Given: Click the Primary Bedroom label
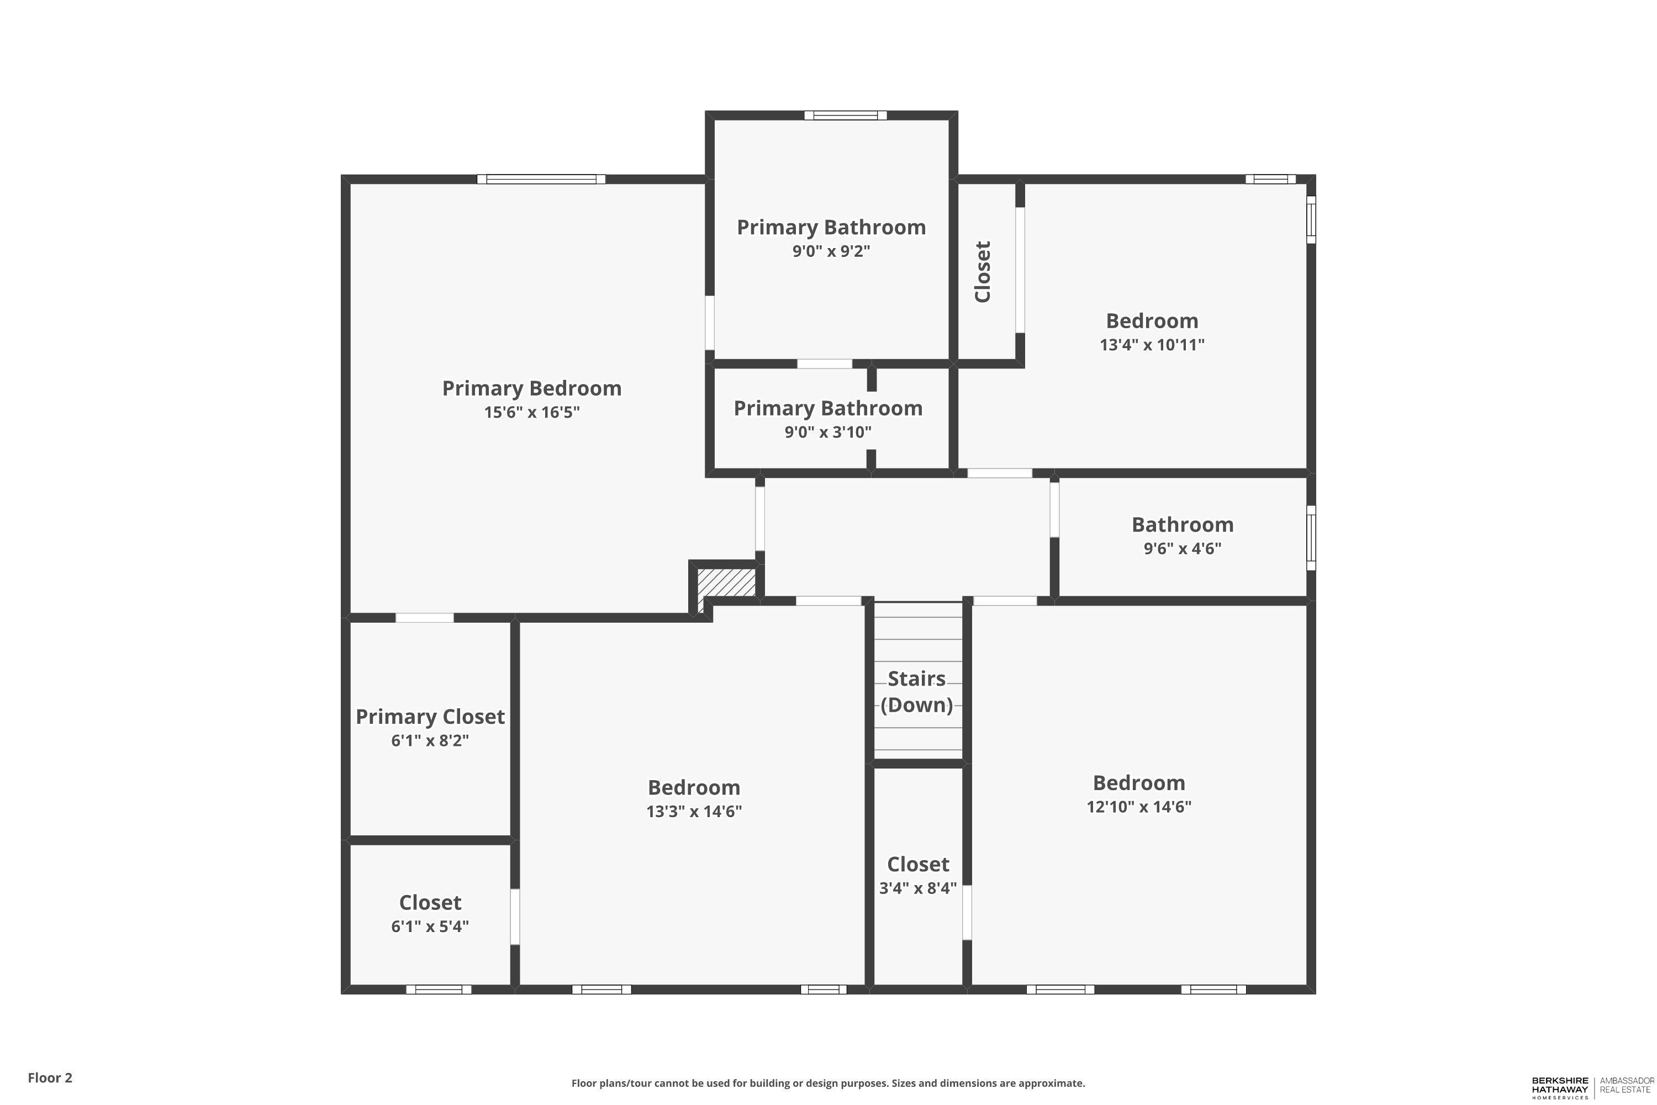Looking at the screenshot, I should pos(532,388).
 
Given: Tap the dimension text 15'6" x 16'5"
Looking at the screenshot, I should pos(532,412).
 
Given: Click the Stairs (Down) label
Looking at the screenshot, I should pos(916,691).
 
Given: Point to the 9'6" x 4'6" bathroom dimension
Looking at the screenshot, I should pos(1182,548).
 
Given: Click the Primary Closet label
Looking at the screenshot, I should pos(430,717).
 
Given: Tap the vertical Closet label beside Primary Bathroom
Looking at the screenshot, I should pos(983,271).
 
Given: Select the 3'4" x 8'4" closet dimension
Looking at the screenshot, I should pos(917,888).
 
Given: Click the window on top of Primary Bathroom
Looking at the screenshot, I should pos(846,115).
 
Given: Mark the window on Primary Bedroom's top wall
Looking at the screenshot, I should pos(541,179).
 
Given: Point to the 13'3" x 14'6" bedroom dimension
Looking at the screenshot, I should pos(694,811).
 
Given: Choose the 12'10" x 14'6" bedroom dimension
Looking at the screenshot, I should pos(1138,807).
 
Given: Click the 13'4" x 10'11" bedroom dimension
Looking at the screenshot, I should pos(1152,345).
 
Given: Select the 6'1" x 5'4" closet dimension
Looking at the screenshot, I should pos(430,926).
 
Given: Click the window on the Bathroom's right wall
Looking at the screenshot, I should pos(1311,538).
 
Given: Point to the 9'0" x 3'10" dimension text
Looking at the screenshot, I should pos(828,432).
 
